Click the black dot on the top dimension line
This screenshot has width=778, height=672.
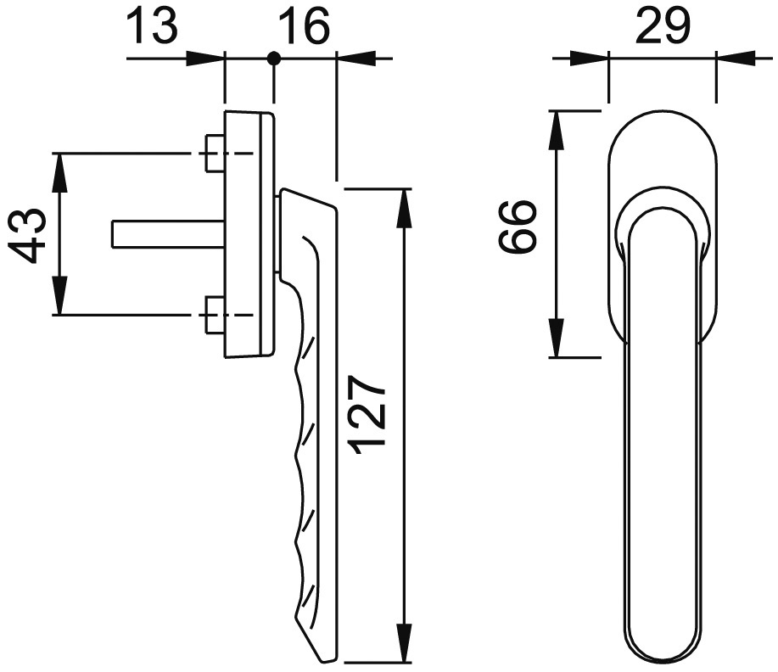[273, 58]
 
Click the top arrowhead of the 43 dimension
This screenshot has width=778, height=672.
[60, 171]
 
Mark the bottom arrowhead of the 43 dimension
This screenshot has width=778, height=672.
[60, 298]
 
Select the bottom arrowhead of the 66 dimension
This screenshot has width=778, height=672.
[557, 339]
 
